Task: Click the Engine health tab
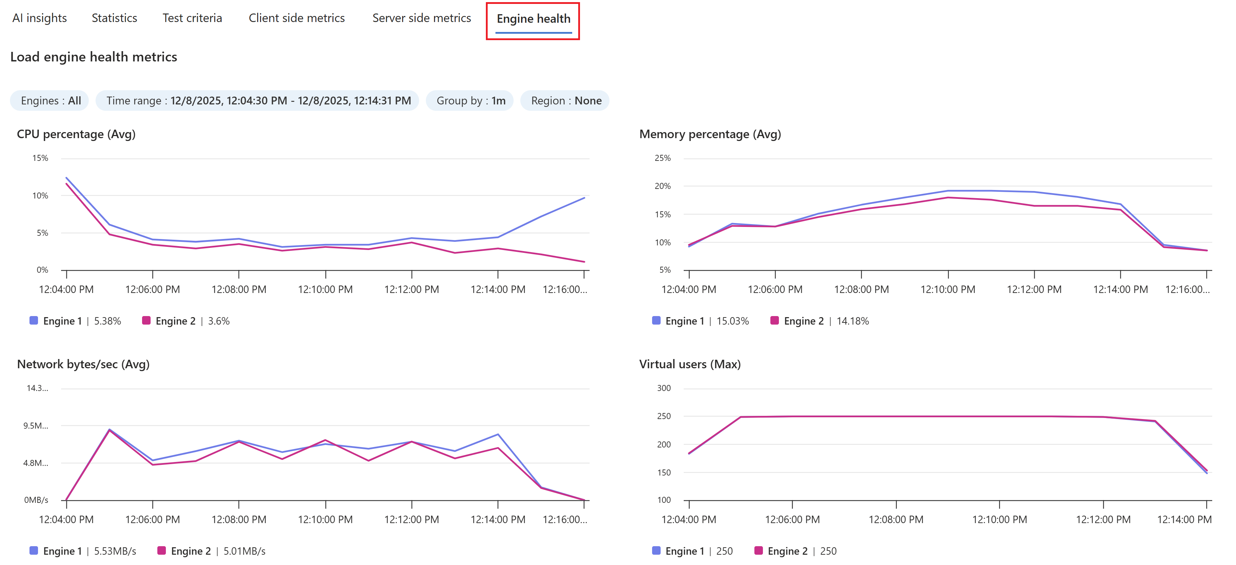click(533, 19)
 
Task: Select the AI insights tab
click(39, 18)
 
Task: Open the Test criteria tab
click(192, 18)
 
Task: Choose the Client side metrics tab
click(297, 18)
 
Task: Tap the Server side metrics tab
click(421, 18)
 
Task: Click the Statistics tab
click(114, 18)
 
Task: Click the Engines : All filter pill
click(50, 101)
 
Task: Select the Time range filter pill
click(257, 101)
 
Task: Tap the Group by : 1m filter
click(470, 101)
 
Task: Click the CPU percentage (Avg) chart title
click(76, 134)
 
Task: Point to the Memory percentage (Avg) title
click(710, 134)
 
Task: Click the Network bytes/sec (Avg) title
click(83, 364)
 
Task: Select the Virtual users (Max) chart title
click(689, 364)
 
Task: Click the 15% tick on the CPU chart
click(40, 158)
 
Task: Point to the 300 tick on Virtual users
click(663, 388)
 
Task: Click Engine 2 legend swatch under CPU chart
click(146, 320)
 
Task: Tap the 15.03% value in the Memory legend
click(733, 321)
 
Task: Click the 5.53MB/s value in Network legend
click(115, 552)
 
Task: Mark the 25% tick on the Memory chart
click(663, 158)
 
